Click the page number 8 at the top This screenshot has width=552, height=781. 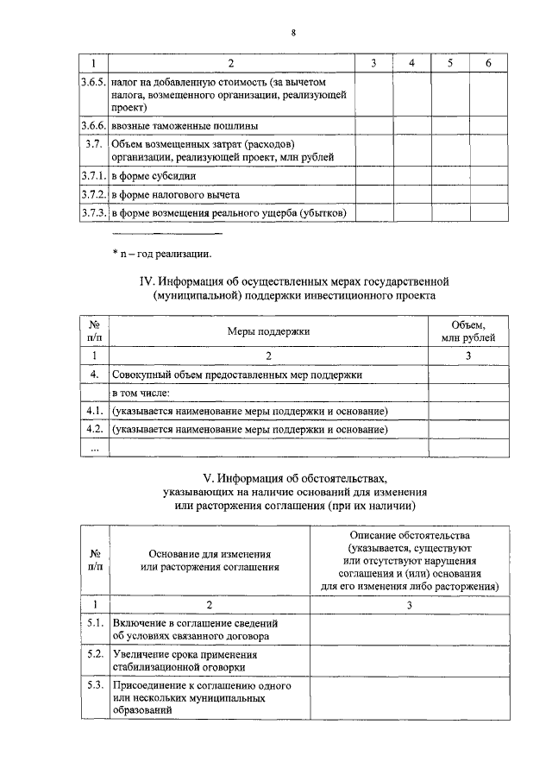(293, 33)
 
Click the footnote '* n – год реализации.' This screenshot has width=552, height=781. (161, 253)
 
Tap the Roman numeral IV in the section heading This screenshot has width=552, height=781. (147, 281)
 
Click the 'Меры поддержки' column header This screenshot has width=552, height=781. (268, 331)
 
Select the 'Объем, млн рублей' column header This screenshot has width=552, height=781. (468, 331)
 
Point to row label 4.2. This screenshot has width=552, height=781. (95, 429)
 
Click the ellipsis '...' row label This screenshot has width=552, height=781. (95, 448)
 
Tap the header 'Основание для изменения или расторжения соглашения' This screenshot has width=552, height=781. (210, 560)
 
